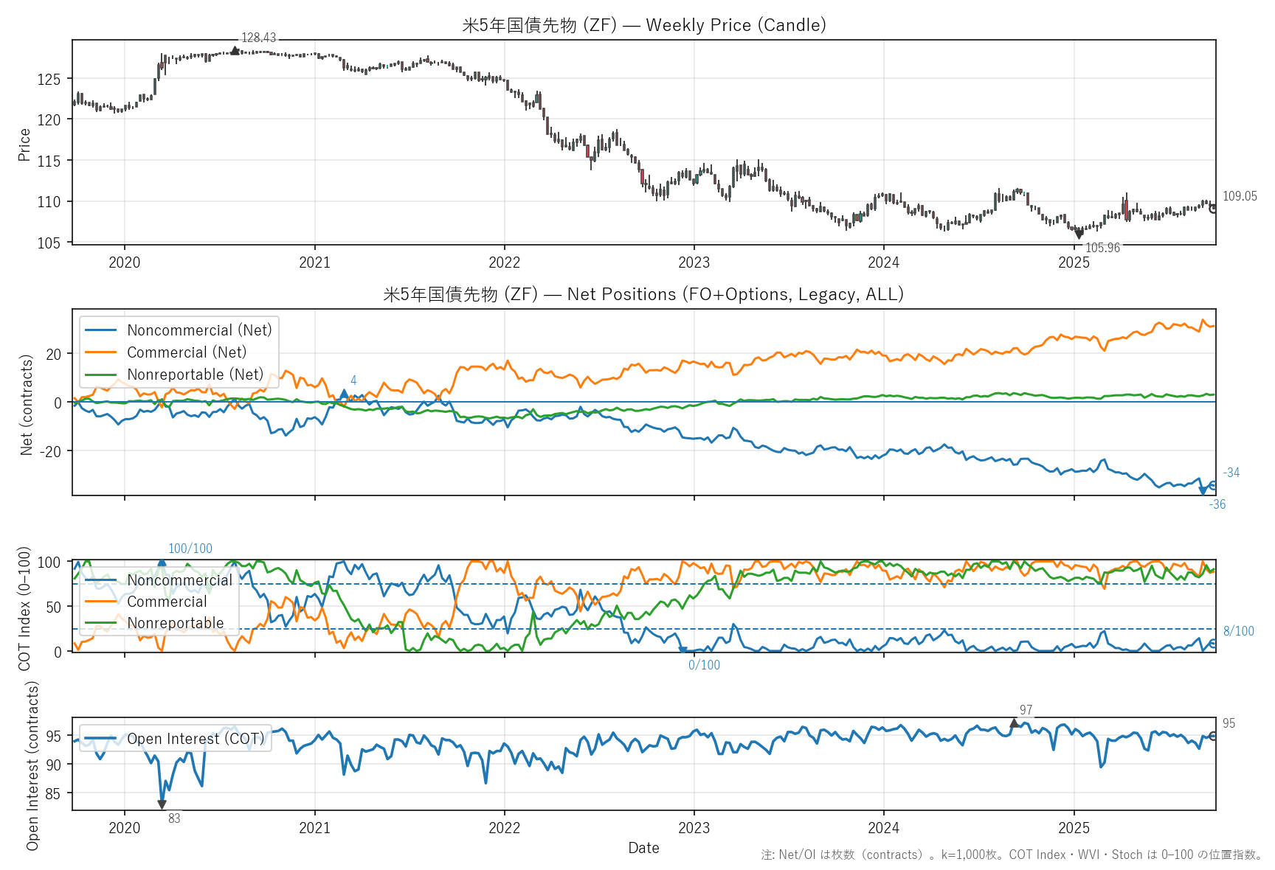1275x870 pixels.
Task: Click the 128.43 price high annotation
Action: point(258,38)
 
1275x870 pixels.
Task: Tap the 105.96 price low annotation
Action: point(1102,248)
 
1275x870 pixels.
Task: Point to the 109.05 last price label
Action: point(1240,196)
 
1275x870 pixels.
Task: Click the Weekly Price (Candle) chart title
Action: point(643,25)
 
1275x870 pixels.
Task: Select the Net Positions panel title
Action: point(643,294)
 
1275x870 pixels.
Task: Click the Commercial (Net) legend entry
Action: point(186,352)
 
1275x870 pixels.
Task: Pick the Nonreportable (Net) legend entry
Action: point(195,375)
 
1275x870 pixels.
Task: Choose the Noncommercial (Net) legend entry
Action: point(199,330)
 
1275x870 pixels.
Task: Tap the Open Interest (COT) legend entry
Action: point(195,739)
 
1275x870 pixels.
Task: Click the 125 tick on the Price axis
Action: point(49,80)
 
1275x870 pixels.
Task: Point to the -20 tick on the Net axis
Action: point(53,451)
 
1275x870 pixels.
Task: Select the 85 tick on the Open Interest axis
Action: point(53,794)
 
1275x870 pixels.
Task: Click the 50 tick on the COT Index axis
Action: point(53,608)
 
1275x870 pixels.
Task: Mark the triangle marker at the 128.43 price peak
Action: point(235,50)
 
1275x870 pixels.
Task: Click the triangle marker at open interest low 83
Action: point(162,804)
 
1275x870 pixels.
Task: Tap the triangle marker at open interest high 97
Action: point(1015,723)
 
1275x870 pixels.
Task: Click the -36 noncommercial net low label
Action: point(1217,504)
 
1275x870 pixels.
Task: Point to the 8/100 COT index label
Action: point(1238,631)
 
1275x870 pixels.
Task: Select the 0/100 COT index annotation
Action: point(704,665)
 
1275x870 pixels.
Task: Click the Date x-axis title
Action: point(643,848)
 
